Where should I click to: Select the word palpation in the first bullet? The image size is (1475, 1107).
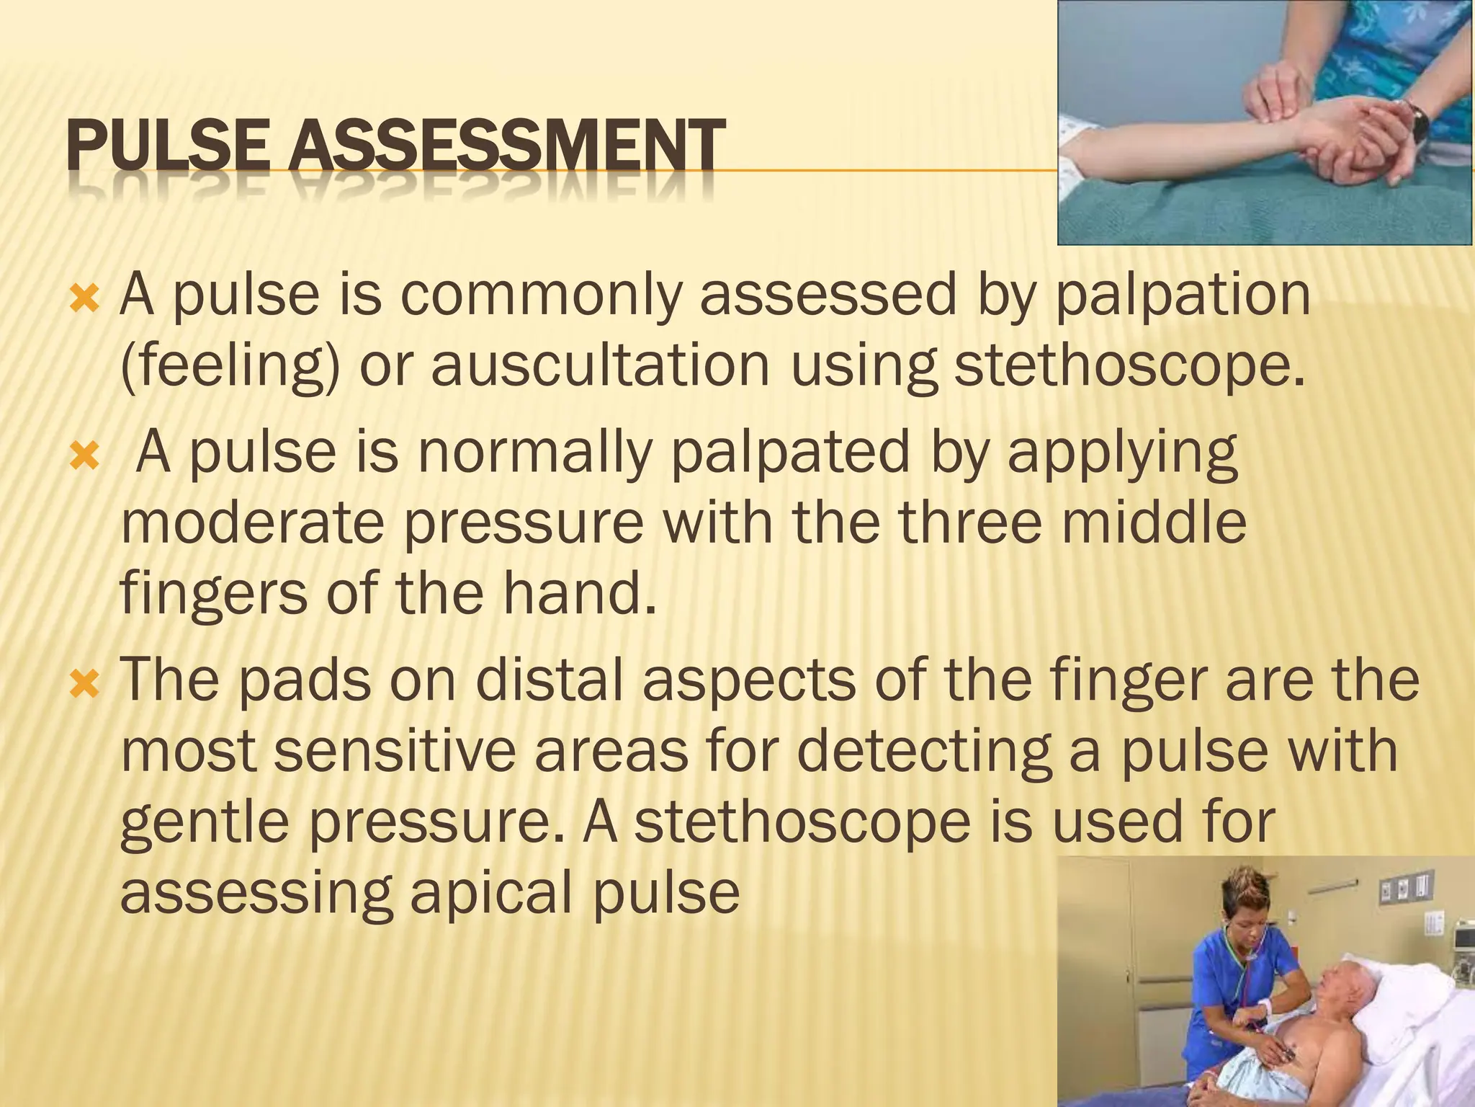tap(1182, 295)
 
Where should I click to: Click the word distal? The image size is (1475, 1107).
tap(550, 680)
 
